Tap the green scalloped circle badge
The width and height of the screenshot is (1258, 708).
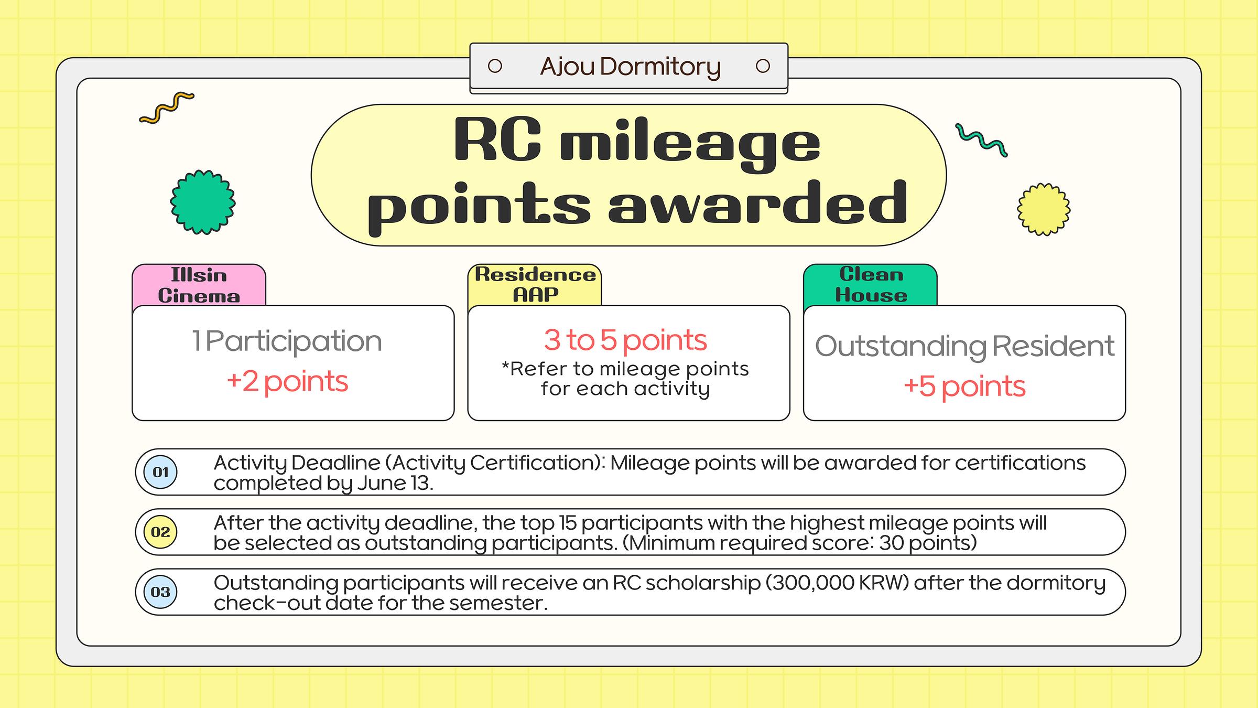[x=203, y=202]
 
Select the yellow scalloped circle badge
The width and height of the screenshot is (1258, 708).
[x=1044, y=209]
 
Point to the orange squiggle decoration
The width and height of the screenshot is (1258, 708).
[x=167, y=108]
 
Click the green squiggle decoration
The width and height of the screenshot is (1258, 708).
[x=981, y=140]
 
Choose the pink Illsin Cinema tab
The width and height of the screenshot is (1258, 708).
[x=199, y=285]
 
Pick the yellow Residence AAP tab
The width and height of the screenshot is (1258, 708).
[x=535, y=285]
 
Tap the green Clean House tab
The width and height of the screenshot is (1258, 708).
[x=870, y=285]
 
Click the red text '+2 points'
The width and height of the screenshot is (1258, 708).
[x=287, y=381]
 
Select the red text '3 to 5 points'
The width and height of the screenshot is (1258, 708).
[x=625, y=340]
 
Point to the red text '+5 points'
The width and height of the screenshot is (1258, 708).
[x=964, y=387]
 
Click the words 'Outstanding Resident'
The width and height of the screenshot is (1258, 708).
[x=964, y=346]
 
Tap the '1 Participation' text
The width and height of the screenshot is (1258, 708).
[x=287, y=341]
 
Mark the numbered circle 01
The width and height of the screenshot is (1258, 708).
[x=160, y=472]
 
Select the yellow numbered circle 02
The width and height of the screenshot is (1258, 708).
[x=160, y=532]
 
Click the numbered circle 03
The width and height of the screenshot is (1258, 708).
[x=160, y=592]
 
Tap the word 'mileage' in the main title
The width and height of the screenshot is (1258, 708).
[x=690, y=144]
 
